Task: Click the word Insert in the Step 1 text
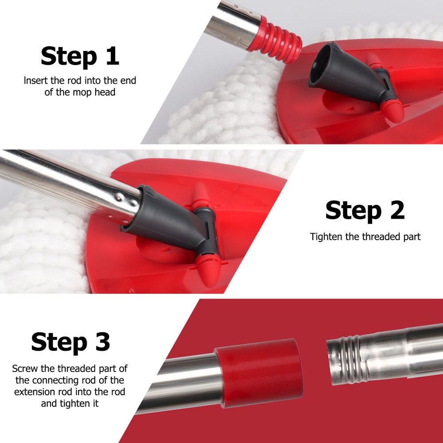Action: coord(34,81)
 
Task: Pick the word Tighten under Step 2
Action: coord(326,237)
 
